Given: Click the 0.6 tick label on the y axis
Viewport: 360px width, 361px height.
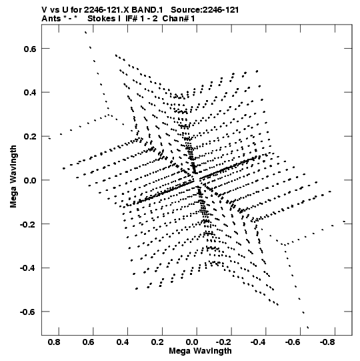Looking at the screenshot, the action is [31, 49].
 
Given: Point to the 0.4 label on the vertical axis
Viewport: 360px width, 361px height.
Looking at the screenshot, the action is [31, 93].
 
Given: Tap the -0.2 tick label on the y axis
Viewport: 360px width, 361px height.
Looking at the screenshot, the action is [29, 224].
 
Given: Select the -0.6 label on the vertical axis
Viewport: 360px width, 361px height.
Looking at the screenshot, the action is [29, 312].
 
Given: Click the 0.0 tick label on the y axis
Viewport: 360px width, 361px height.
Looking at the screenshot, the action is [31, 180].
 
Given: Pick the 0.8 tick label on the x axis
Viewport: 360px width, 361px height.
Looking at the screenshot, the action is [54, 342].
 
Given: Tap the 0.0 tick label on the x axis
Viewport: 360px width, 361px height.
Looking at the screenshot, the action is [192, 342].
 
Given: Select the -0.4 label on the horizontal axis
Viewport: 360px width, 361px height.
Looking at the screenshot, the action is [259, 342].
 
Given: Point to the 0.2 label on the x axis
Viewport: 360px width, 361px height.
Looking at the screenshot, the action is [158, 342].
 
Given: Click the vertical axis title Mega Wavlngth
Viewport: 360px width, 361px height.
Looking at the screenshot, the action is [13, 177].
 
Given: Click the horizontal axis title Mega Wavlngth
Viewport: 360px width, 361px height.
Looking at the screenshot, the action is [201, 351].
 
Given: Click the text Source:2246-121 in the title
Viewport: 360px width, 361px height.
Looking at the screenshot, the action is [205, 10].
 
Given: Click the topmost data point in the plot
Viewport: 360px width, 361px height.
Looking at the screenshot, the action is [85, 33].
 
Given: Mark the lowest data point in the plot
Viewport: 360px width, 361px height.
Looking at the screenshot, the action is [308, 328].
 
